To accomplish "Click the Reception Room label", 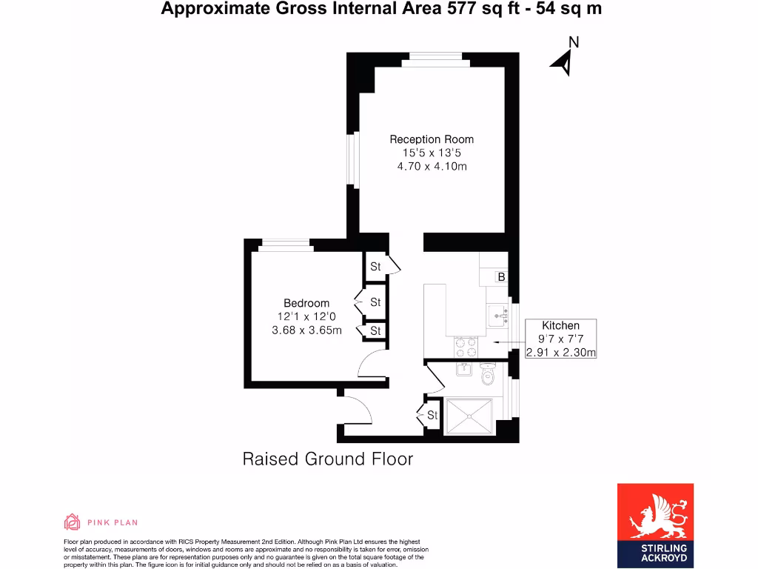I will point(432,139).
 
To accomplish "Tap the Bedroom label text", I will point(306,303).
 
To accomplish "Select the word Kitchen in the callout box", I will point(560,325).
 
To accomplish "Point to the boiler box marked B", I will point(501,277).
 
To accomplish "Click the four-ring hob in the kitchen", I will point(464,345).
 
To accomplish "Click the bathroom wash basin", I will point(464,368).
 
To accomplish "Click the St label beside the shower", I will point(432,416).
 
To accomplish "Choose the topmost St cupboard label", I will point(375,267).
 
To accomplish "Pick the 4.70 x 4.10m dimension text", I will point(432,167).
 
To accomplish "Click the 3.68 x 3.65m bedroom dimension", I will point(306,330).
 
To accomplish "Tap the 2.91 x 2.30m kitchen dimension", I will point(560,353).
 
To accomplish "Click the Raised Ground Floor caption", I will point(328,459).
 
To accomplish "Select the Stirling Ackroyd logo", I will point(655,525).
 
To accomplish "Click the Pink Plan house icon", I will point(73,522).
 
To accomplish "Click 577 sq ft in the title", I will point(472,9).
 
